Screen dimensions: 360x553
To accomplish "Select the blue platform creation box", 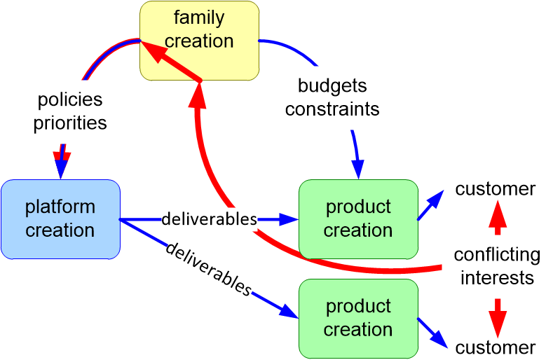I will (x=60, y=219).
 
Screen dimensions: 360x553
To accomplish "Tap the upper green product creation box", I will (x=358, y=219).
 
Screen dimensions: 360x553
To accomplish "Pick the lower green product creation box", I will (x=358, y=318).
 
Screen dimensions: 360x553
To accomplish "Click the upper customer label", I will (x=496, y=188).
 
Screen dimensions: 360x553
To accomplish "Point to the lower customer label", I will (x=496, y=347).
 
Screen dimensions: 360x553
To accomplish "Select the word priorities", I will (x=70, y=123).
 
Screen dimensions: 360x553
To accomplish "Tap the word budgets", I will (x=332, y=86).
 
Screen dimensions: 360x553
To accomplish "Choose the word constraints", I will (x=332, y=109).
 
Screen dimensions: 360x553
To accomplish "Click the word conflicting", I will (x=497, y=254).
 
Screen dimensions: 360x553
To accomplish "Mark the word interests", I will (x=497, y=277).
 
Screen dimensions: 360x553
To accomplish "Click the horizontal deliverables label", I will (x=210, y=219).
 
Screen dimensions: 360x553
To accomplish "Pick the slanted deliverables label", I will (x=208, y=269).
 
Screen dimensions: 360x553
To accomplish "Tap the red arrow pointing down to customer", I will (x=498, y=318).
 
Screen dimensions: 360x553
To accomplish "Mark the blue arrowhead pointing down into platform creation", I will (x=62, y=169).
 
